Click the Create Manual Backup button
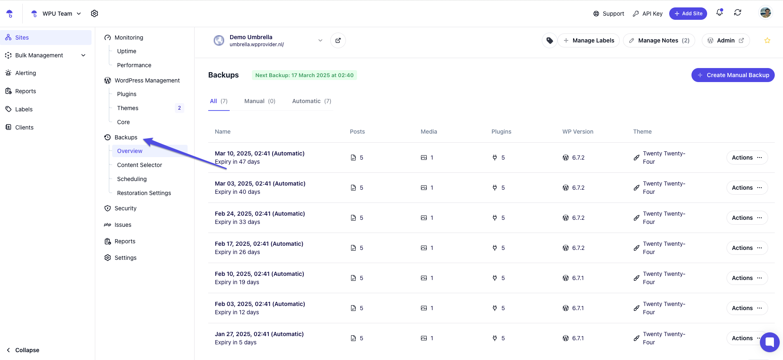pos(733,75)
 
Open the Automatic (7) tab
pos(311,101)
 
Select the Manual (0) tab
pos(259,101)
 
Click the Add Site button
pos(688,14)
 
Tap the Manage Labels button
pos(588,40)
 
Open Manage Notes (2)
pos(659,40)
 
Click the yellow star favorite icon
pos(767,40)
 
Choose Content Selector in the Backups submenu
pos(139,165)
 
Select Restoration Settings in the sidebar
pos(144,193)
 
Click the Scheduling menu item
pos(132,179)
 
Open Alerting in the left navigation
pos(26,73)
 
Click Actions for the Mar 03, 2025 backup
pos(747,188)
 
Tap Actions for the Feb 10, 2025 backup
pos(747,278)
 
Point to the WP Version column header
pos(578,132)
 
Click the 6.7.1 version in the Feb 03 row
pos(578,308)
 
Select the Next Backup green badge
pos(304,75)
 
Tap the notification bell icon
pos(720,13)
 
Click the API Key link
pos(648,14)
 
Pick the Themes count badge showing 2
pos(179,108)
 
